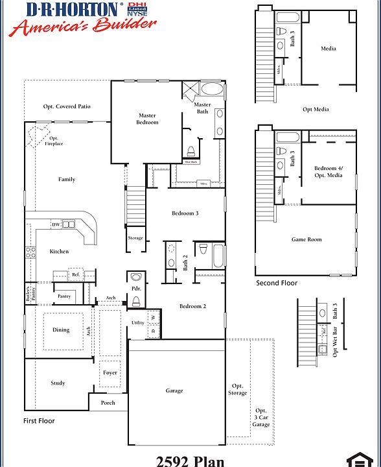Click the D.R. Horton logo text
click(x=73, y=9)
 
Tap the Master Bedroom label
click(x=147, y=119)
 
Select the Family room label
click(x=67, y=180)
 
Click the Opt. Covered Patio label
click(x=67, y=106)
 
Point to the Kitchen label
click(x=59, y=252)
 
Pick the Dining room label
click(x=61, y=330)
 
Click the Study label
click(x=58, y=383)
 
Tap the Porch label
click(x=108, y=403)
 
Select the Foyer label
click(x=110, y=373)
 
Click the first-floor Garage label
click(x=174, y=390)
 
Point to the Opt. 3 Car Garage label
click(x=261, y=418)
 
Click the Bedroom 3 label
click(x=185, y=213)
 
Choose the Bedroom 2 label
click(x=192, y=306)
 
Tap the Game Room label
click(x=306, y=239)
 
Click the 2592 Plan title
click(x=190, y=461)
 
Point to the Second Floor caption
click(x=277, y=283)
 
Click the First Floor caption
click(x=40, y=421)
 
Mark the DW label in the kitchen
click(x=56, y=225)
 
